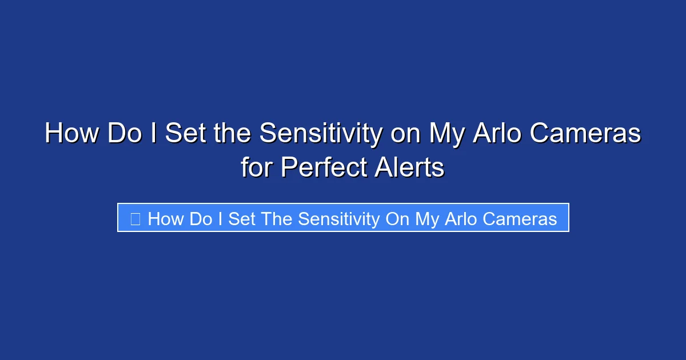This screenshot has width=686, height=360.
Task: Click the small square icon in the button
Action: pos(135,218)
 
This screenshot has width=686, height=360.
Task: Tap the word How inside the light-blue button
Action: pos(166,218)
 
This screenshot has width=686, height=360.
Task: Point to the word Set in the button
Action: pos(242,218)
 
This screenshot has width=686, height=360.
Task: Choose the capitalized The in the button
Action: pos(277,218)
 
